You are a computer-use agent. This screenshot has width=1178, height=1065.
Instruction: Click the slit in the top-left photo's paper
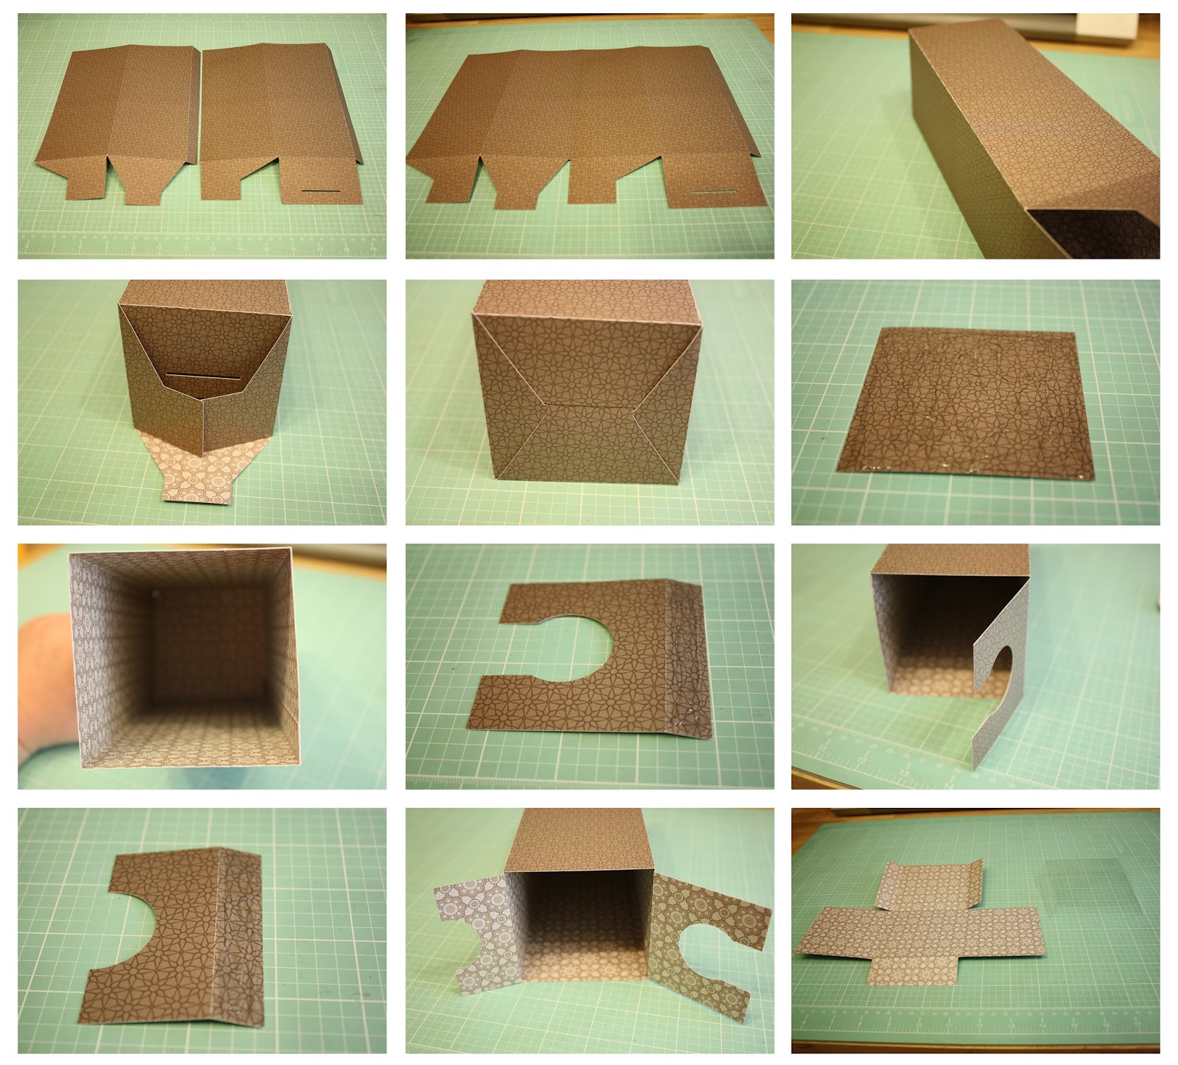click(319, 191)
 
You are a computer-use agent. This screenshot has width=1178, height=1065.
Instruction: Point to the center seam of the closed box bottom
click(589, 405)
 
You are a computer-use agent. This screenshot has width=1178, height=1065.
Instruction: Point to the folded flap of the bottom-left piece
click(243, 935)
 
